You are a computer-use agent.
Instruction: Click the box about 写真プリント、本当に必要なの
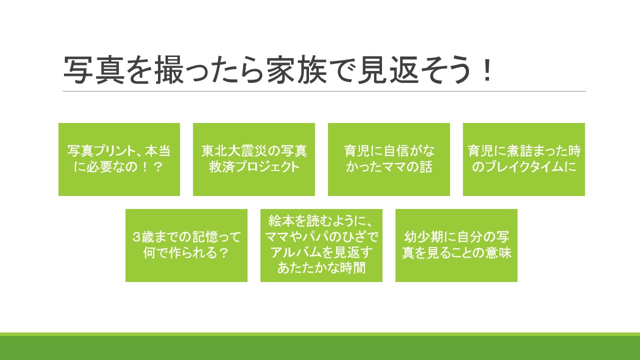point(119,159)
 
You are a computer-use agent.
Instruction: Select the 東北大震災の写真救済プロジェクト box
point(254,159)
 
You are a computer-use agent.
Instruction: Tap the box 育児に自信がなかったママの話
point(389,159)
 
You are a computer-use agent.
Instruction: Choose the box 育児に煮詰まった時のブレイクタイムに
point(524,159)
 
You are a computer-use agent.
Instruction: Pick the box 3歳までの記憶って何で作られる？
point(186,245)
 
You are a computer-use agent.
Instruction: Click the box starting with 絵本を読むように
point(321,245)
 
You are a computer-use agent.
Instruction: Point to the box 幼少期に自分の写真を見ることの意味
point(456,245)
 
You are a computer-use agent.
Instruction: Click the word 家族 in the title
point(297,70)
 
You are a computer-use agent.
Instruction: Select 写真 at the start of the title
point(94,70)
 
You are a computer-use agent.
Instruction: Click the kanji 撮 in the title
point(169,70)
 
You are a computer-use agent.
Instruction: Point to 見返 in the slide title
point(387,70)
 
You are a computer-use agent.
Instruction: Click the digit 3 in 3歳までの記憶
point(136,237)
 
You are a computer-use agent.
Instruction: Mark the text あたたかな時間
point(321,268)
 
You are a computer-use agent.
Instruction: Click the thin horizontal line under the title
point(324,91)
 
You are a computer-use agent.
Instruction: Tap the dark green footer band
point(320,348)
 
